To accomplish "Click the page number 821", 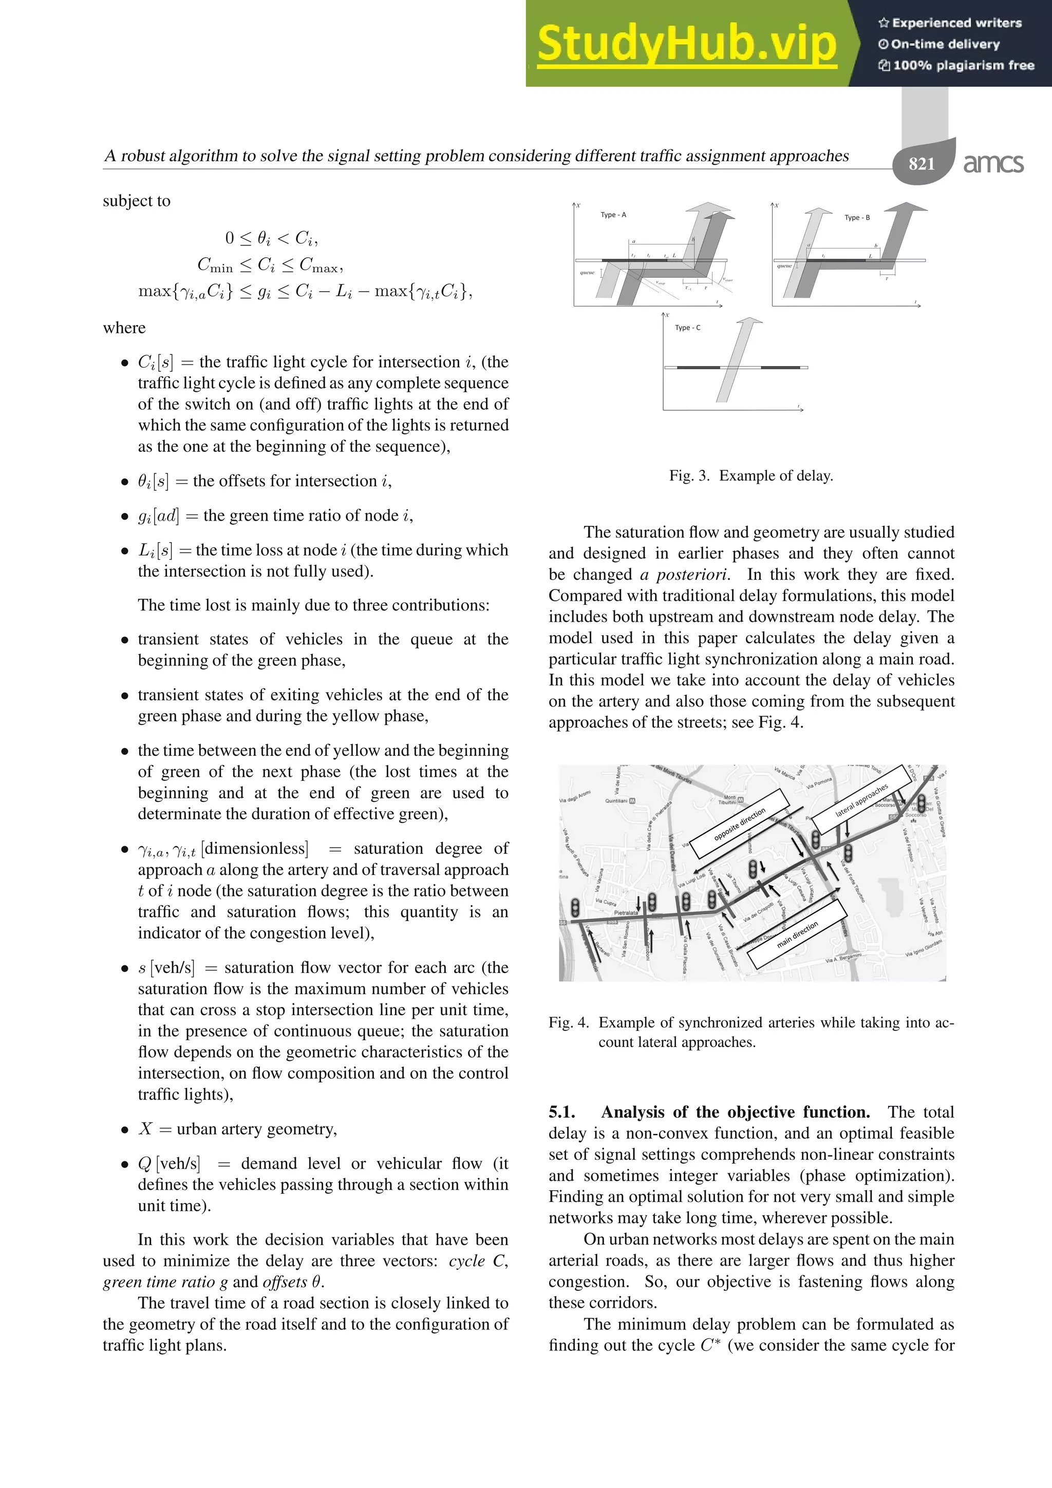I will click(x=921, y=164).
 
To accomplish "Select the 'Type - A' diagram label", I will click(x=613, y=215).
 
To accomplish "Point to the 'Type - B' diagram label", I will click(x=857, y=218).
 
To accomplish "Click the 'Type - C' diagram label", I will click(x=687, y=328).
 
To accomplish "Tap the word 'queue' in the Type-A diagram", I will click(x=587, y=273).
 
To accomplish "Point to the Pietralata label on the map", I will click(x=626, y=912).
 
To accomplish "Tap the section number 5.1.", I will click(x=561, y=1112).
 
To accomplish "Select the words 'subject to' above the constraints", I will click(x=136, y=201).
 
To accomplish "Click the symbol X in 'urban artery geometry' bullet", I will click(x=145, y=1129).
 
